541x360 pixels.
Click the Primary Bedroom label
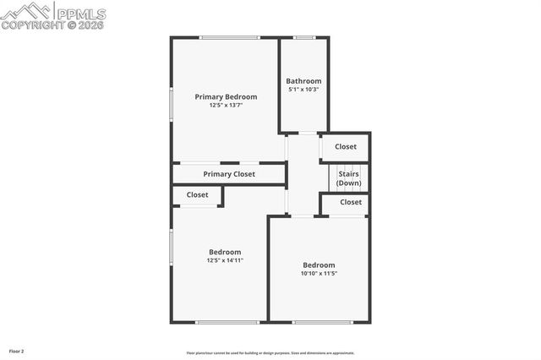(226, 97)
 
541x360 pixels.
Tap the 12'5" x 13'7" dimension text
(226, 106)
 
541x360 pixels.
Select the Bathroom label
(303, 81)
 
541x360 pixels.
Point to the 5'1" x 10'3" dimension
(303, 90)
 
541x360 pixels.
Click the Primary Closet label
(229, 174)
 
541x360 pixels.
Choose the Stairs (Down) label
(348, 178)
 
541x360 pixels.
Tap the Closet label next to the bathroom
(346, 146)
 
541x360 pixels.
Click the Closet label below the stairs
(351, 202)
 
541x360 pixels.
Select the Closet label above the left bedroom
(197, 194)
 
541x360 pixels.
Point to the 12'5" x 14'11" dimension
(225, 260)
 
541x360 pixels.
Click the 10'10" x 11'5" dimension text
(319, 273)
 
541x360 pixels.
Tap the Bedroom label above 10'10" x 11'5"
(319, 265)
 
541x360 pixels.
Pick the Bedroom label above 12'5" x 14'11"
(225, 252)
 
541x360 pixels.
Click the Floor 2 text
(17, 351)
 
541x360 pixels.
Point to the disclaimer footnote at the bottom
(270, 353)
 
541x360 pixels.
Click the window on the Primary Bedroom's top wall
(229, 37)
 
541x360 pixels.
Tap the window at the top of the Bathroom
(304, 37)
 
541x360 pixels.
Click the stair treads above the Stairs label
(348, 166)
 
